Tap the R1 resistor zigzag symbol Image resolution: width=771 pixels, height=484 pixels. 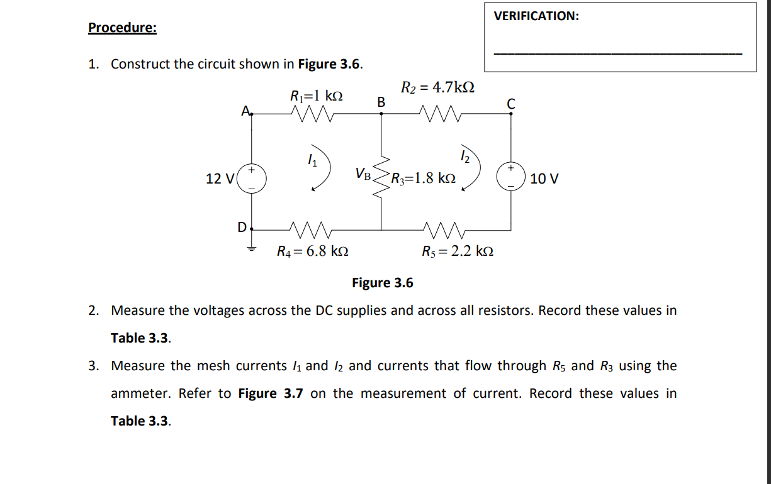click(x=313, y=114)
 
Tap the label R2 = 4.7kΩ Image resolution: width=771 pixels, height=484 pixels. click(x=437, y=87)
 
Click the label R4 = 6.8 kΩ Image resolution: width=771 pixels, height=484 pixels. click(x=313, y=252)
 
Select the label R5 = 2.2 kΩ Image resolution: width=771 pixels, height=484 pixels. click(x=458, y=252)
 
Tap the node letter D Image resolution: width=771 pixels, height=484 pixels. click(x=242, y=226)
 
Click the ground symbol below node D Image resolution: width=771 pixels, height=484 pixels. click(x=253, y=248)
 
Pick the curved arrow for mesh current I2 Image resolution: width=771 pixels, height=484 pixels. click(x=473, y=172)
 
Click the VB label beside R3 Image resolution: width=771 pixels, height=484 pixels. click(x=364, y=173)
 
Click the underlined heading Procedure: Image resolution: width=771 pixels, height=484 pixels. click(x=123, y=28)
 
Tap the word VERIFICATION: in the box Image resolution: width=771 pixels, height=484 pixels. click(x=536, y=16)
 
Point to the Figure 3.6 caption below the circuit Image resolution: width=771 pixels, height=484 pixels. click(x=383, y=283)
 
